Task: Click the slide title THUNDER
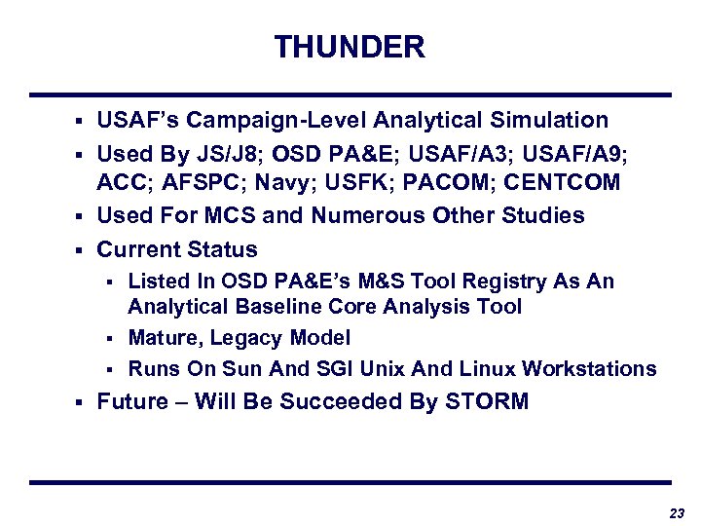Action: [350, 47]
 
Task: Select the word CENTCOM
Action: [563, 183]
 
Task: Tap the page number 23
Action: [677, 513]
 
